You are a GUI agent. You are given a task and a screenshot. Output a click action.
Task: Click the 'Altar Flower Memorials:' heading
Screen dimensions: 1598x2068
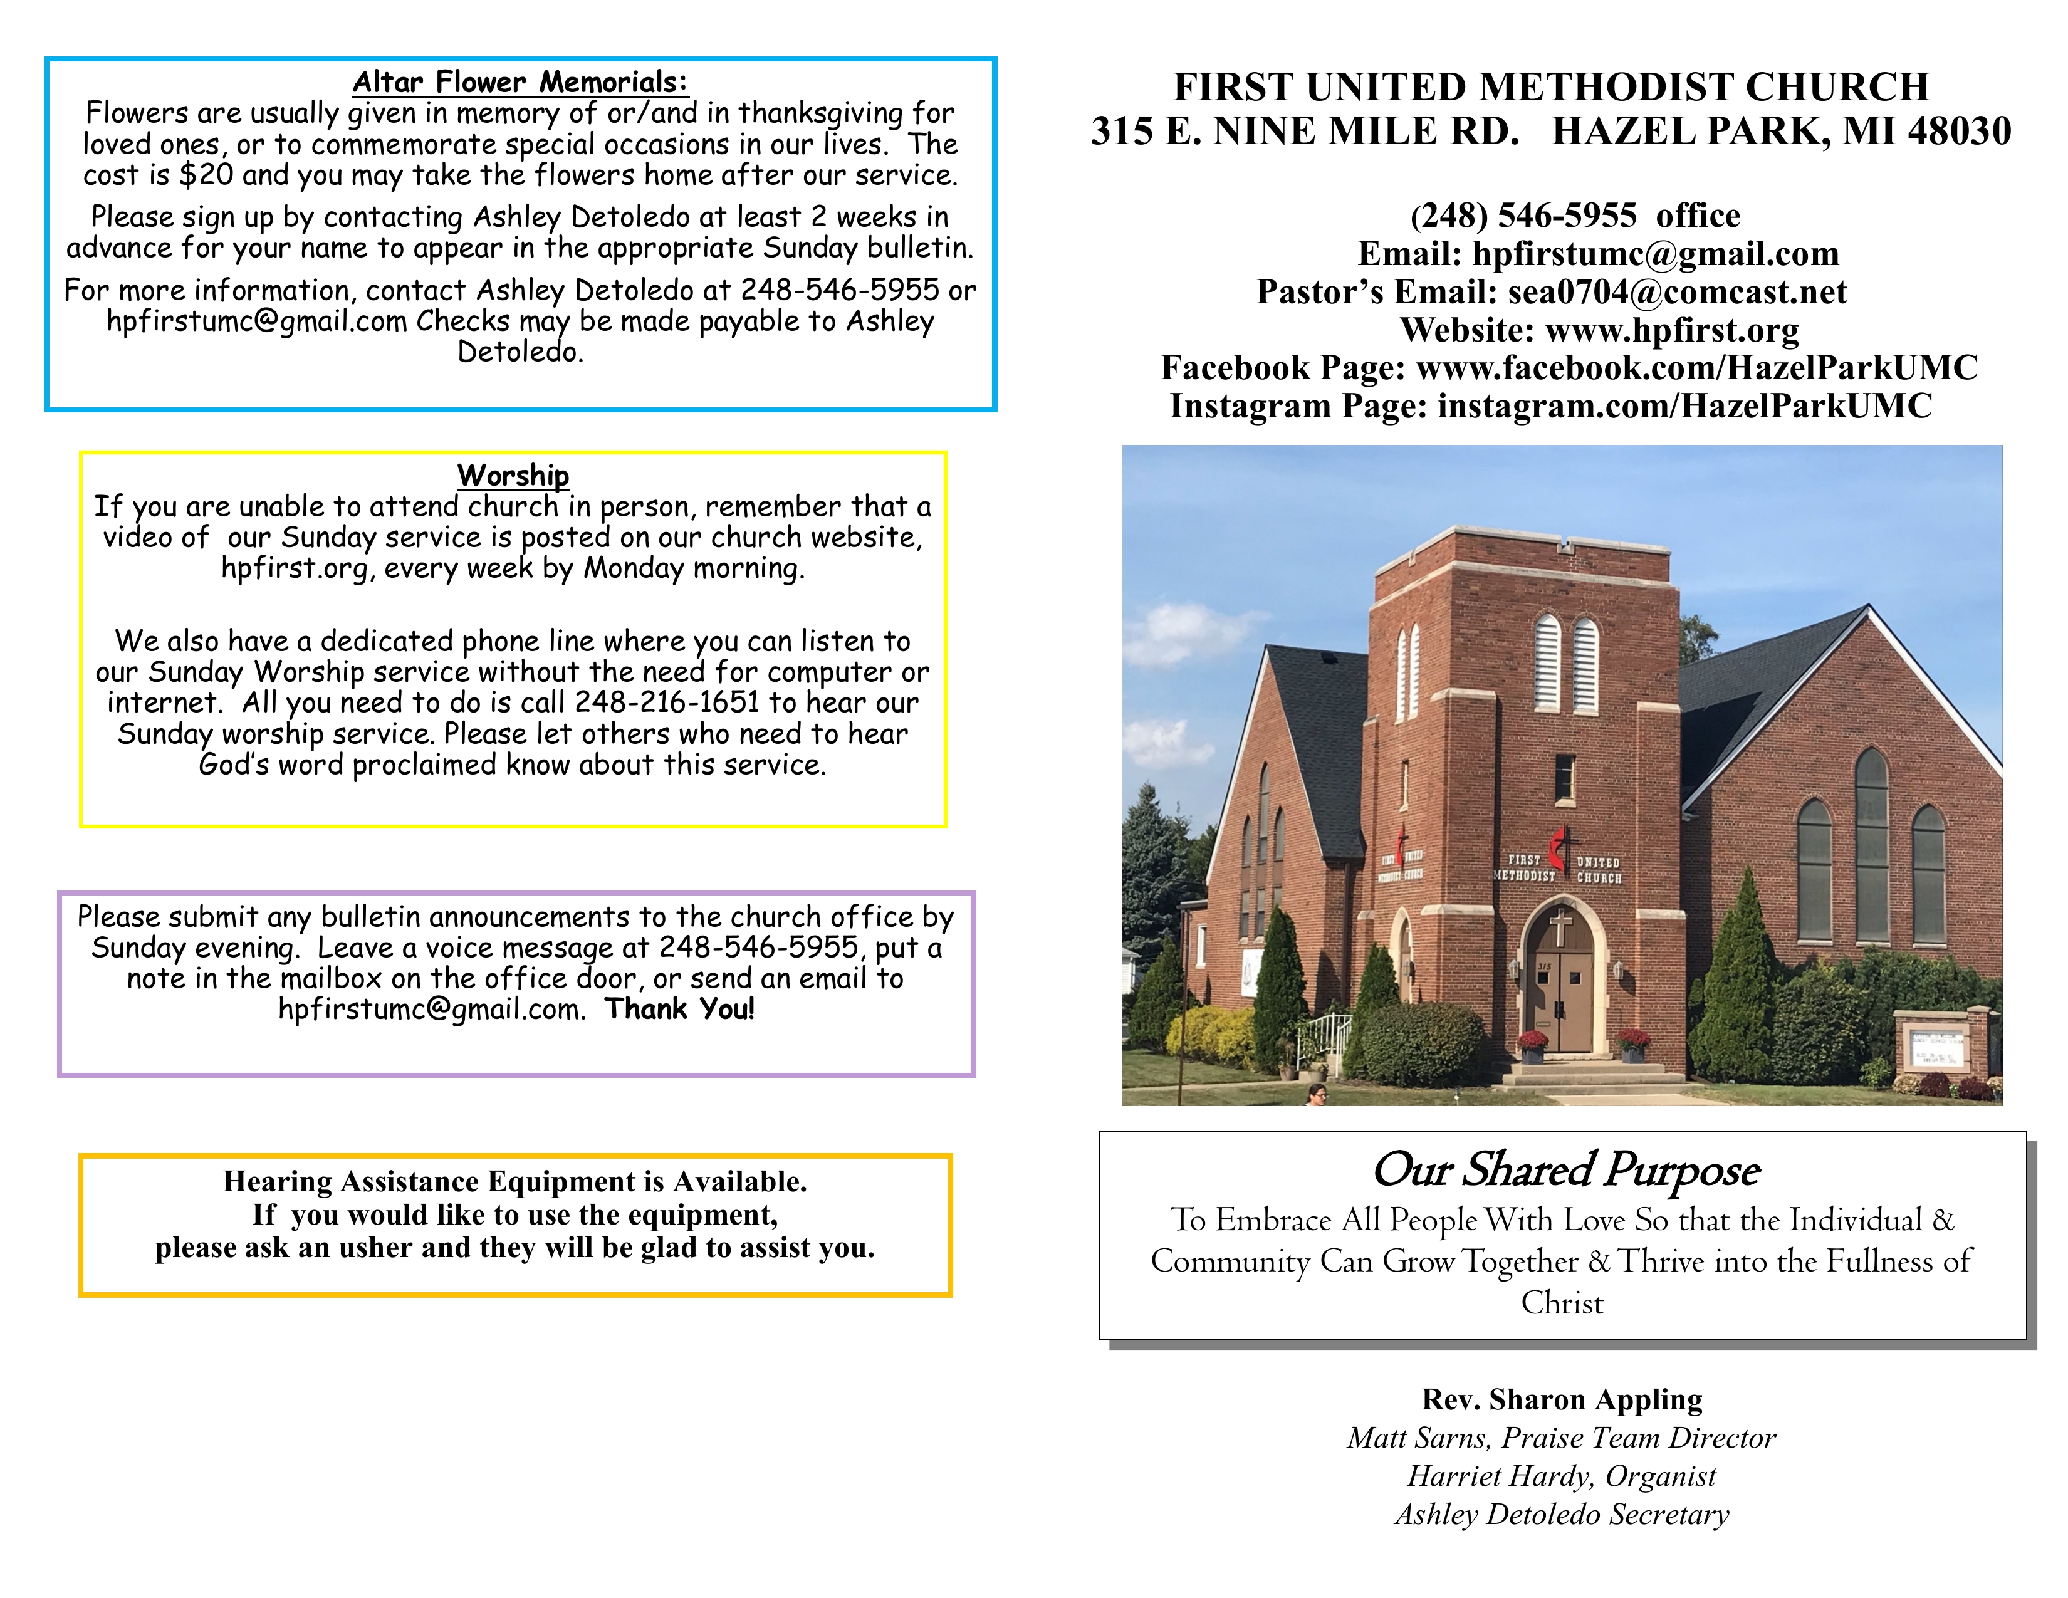tap(520, 82)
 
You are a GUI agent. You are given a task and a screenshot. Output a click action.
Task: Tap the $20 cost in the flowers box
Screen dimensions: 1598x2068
tap(206, 175)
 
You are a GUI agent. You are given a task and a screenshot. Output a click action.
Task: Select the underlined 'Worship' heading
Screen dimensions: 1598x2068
tap(513, 475)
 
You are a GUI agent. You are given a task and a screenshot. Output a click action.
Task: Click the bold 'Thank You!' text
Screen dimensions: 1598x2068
tap(680, 1009)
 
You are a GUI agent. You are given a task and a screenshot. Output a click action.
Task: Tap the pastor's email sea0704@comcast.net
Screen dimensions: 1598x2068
tap(1677, 291)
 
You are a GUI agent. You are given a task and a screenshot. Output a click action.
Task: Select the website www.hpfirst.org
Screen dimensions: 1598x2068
tap(1671, 330)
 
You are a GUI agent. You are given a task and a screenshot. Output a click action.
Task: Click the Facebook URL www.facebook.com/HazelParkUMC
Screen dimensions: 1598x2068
tap(1697, 367)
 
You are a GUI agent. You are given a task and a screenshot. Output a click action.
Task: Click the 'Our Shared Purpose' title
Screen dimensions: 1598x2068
tap(1565, 1170)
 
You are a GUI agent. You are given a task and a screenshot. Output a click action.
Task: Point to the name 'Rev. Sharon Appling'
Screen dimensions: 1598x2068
tap(1562, 1399)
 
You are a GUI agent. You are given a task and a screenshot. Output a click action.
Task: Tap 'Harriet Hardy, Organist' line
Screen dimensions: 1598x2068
tap(1562, 1476)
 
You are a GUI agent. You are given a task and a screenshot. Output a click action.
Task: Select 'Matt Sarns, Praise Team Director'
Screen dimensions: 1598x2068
tap(1562, 1438)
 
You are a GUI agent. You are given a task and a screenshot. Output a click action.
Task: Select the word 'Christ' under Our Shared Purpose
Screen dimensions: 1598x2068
tap(1562, 1303)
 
